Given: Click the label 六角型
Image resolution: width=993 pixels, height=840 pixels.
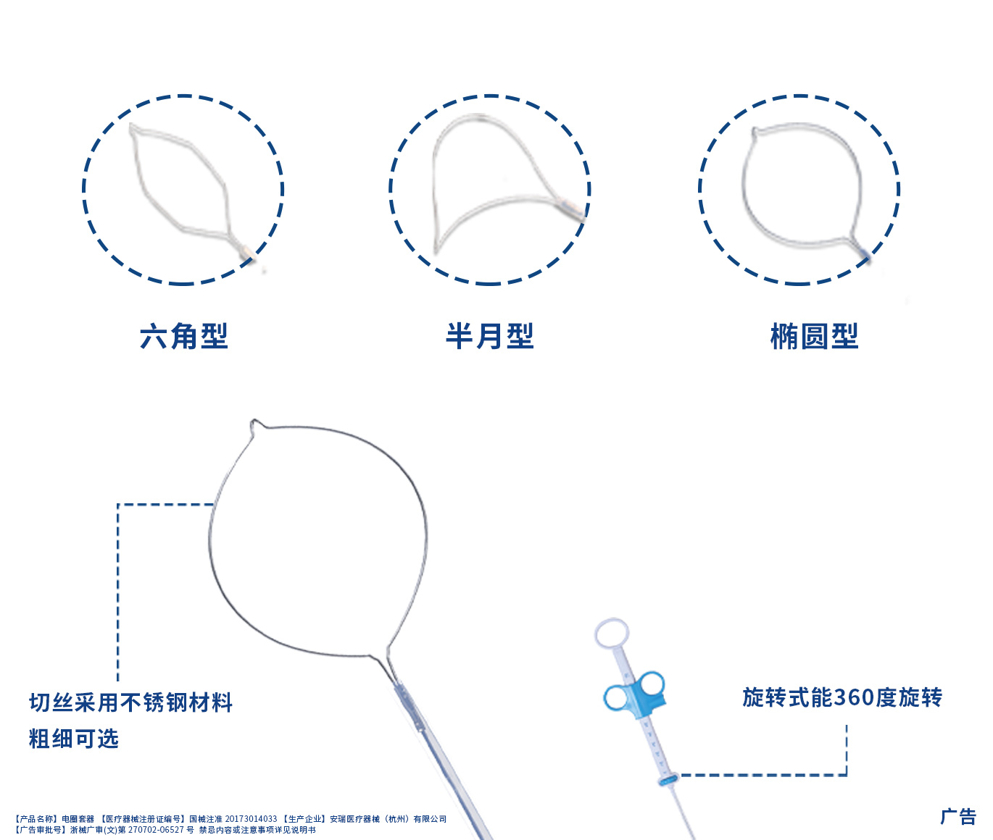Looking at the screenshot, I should pyautogui.click(x=184, y=337).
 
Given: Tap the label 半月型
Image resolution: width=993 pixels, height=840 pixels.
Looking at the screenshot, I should pyautogui.click(x=490, y=337).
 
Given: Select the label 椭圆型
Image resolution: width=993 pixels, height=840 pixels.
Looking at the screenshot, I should pyautogui.click(x=814, y=337).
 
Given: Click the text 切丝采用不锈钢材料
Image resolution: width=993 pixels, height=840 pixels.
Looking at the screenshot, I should pyautogui.click(x=130, y=702).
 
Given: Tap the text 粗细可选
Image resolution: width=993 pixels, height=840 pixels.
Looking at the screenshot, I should pyautogui.click(x=73, y=739).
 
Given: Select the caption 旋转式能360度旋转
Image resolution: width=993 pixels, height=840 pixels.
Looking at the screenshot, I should pyautogui.click(x=842, y=697).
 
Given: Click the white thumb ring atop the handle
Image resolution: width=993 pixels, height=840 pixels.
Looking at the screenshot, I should pyautogui.click(x=612, y=633).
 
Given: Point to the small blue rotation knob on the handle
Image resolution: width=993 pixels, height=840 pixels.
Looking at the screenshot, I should pyautogui.click(x=668, y=780).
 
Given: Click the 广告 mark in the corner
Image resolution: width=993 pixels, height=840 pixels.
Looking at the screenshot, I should pyautogui.click(x=957, y=817).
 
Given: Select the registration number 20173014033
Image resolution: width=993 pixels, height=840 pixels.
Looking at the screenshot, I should pyautogui.click(x=251, y=819).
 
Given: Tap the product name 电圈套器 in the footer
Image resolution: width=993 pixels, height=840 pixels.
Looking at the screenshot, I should pyautogui.click(x=78, y=819).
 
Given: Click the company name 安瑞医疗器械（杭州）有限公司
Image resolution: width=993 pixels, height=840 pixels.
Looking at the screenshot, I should pyautogui.click(x=388, y=819).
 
